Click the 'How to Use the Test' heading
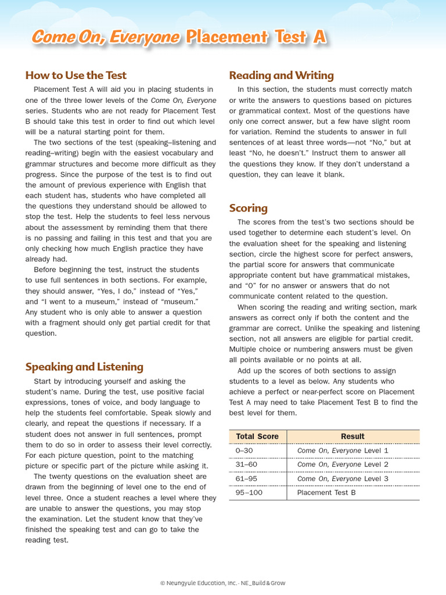[x=75, y=76]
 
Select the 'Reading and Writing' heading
[x=281, y=76]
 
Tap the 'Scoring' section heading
[x=248, y=208]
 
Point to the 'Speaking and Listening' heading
[x=84, y=367]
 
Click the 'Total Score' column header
[x=257, y=436]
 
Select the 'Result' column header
[x=353, y=436]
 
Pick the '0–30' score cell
[x=244, y=450]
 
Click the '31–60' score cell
[x=246, y=464]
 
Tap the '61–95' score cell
[x=246, y=478]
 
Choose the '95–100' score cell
[x=249, y=493]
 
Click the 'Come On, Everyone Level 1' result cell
[x=343, y=450]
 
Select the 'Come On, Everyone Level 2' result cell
[x=343, y=464]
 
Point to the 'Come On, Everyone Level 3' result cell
[x=343, y=478]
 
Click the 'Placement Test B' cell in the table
[x=326, y=493]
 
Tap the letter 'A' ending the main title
[x=319, y=37]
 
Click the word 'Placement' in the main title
[x=227, y=37]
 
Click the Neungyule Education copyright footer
[x=223, y=583]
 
